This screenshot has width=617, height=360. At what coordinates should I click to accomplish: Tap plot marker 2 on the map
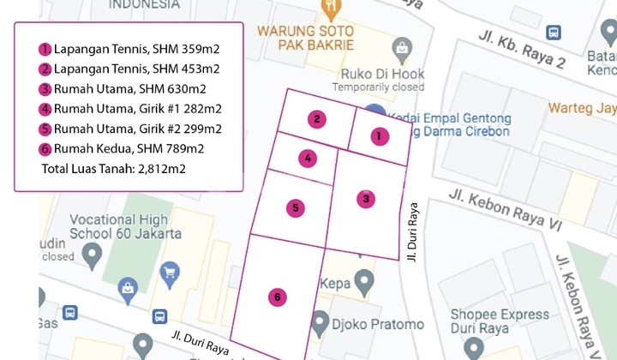coord(317,119)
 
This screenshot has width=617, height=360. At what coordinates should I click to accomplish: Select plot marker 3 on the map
coord(366,199)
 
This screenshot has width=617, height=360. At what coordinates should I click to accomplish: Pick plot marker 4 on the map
coord(308,158)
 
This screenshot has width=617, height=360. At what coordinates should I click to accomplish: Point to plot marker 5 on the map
coord(295,207)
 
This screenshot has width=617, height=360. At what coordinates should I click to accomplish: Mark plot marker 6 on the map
coord(276,297)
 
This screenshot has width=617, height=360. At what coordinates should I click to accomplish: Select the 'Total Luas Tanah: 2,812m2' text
coord(113,169)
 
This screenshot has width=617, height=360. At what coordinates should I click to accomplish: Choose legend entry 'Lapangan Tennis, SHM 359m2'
coord(129,49)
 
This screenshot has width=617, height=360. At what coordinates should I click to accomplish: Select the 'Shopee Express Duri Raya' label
coord(500,322)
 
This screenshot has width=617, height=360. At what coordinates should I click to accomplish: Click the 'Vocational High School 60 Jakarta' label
coord(125,225)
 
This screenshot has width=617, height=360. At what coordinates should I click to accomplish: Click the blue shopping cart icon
coord(170,273)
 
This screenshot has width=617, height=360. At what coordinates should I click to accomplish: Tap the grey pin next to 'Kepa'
coord(364,279)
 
